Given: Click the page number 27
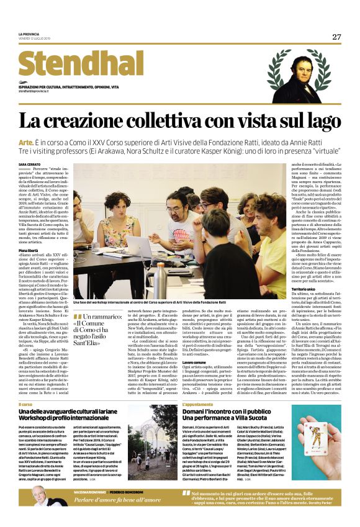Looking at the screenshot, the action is [x=336, y=37].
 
